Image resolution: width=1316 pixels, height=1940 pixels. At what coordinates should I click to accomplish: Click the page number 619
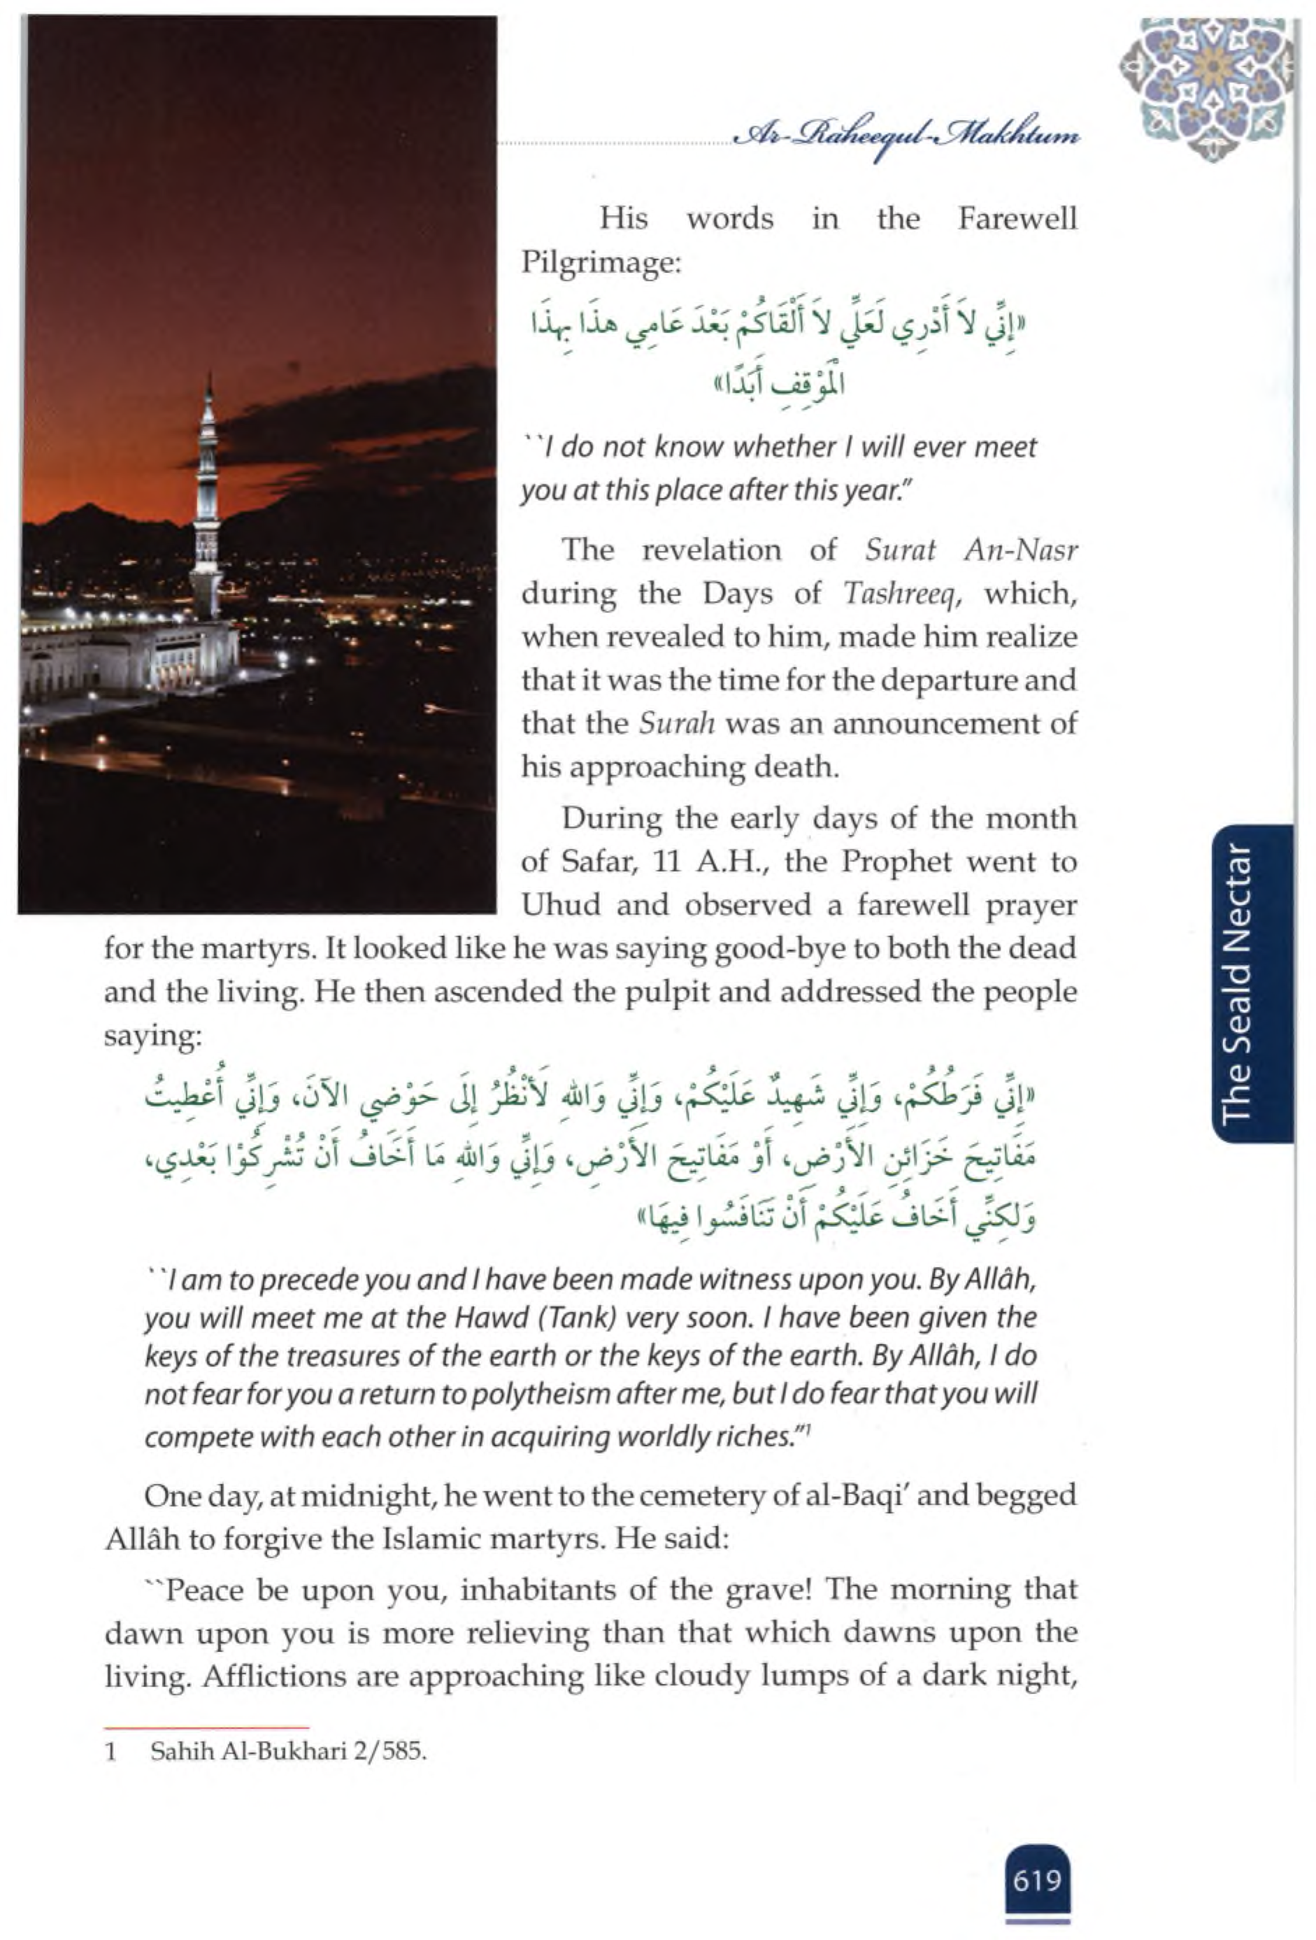(x=1037, y=1881)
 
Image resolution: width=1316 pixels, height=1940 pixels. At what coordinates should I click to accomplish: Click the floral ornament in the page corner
(x=1207, y=87)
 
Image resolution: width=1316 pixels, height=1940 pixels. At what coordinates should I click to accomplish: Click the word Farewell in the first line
(x=1017, y=219)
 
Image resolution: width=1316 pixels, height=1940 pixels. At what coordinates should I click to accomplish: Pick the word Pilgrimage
(x=601, y=263)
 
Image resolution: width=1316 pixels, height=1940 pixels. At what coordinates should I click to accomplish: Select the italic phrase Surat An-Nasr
(x=971, y=550)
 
